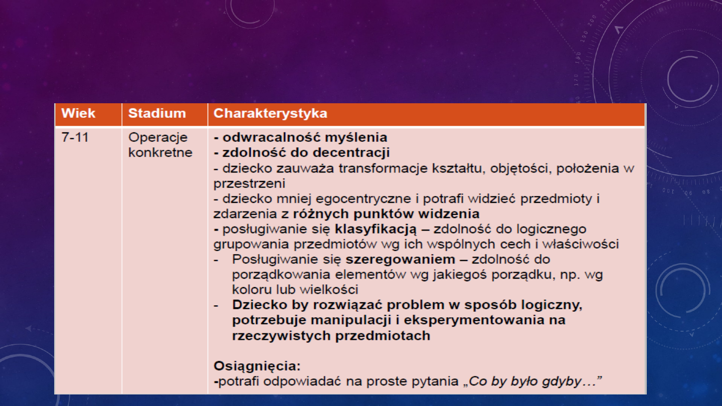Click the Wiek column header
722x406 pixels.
click(x=78, y=113)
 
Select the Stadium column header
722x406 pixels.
click(x=156, y=113)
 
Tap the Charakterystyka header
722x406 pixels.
click(x=270, y=113)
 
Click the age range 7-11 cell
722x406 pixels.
click(x=75, y=137)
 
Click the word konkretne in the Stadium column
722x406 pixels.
click(x=160, y=153)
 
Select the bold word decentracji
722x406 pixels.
click(x=353, y=152)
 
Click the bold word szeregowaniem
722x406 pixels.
click(x=400, y=260)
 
